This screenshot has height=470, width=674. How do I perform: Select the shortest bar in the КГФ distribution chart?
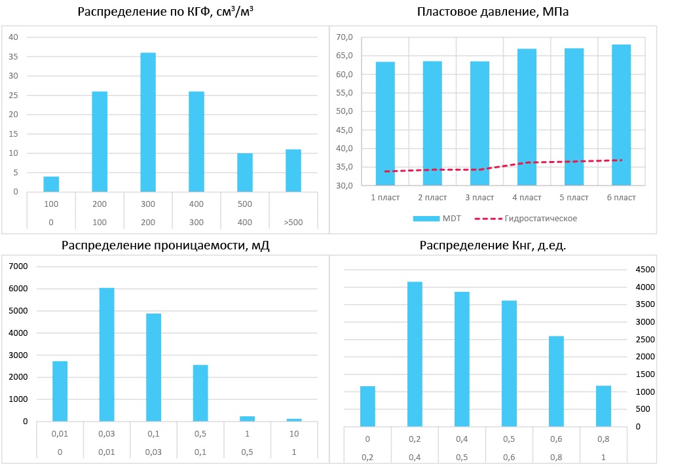pyautogui.click(x=51, y=184)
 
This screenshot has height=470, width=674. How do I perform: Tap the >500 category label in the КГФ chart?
pyautogui.click(x=292, y=222)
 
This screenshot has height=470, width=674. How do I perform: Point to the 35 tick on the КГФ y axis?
pyautogui.click(x=13, y=56)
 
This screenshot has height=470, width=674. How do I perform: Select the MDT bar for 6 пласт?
pyautogui.click(x=621, y=115)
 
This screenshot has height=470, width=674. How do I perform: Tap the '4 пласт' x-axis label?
pyautogui.click(x=527, y=197)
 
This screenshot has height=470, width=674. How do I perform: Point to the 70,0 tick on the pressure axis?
pyautogui.click(x=345, y=37)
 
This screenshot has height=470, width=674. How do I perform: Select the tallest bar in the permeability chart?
pyautogui.click(x=107, y=354)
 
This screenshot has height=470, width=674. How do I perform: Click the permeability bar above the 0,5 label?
pyautogui.click(x=201, y=393)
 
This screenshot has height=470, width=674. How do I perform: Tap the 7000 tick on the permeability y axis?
pyautogui.click(x=18, y=266)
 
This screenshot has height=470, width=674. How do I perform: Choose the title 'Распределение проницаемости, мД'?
pyautogui.click(x=166, y=245)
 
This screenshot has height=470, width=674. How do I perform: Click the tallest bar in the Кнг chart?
pyautogui.click(x=414, y=354)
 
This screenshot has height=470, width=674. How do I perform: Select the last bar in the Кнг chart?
pyautogui.click(x=603, y=406)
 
